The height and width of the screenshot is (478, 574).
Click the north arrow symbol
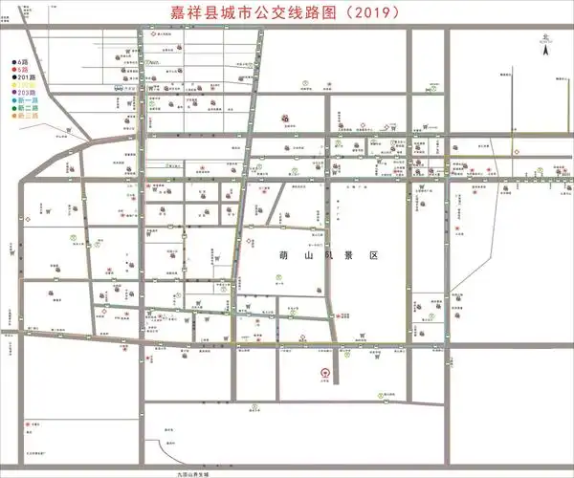(x=543, y=53)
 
